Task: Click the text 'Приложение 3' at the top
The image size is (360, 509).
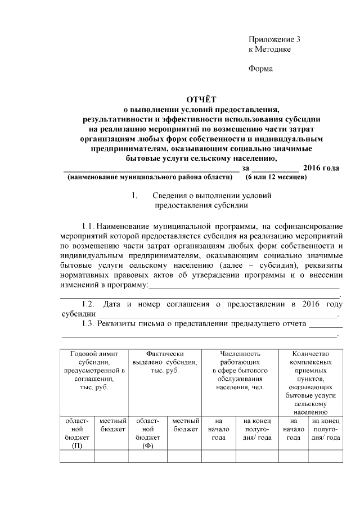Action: pyautogui.click(x=274, y=39)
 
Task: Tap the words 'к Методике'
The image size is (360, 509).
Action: pyautogui.click(x=269, y=49)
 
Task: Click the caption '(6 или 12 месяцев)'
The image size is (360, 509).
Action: pyautogui.click(x=276, y=177)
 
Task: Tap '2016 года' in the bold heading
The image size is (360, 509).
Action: pyautogui.click(x=321, y=168)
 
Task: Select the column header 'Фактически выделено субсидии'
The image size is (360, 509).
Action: pyautogui.click(x=165, y=363)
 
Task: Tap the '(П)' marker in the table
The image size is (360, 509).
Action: pyautogui.click(x=77, y=445)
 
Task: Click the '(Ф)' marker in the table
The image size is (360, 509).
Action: pyautogui.click(x=148, y=445)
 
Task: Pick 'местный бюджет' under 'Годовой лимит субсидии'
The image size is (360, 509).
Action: pyautogui.click(x=111, y=425)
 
